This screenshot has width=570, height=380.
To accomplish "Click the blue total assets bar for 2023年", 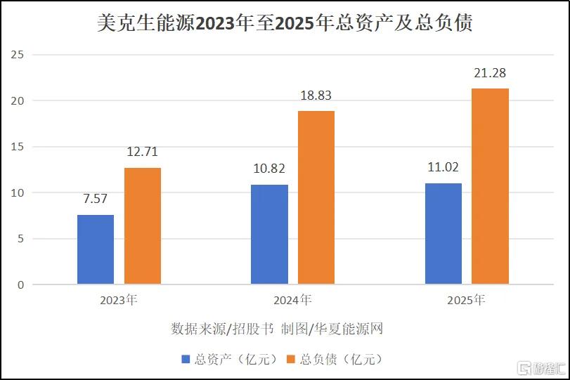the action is tap(96, 249).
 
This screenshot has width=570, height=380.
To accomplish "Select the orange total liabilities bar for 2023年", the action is tap(143, 226).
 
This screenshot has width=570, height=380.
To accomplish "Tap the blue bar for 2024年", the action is tap(269, 235).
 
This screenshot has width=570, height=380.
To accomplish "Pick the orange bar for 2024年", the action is tap(316, 197).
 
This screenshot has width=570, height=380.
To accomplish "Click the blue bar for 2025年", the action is tap(443, 234).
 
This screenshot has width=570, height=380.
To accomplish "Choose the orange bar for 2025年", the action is tap(491, 186).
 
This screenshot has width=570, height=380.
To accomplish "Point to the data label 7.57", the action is tap(96, 199).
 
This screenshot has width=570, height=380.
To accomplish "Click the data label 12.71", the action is tap(142, 152).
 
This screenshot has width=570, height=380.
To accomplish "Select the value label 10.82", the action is tap(269, 169).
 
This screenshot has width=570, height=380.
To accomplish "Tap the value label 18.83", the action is tap(316, 96).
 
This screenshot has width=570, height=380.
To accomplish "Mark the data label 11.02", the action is tap(443, 167).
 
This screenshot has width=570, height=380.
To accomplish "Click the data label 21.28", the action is tap(490, 73).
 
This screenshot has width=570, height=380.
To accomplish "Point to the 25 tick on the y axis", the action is tap(17, 55).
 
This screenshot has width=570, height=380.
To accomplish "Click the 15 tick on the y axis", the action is tap(17, 147).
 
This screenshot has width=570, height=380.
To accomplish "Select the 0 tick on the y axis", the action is tap(20, 284).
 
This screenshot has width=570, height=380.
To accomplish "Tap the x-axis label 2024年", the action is tap(292, 300).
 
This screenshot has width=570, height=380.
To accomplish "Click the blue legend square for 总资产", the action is tap(186, 360).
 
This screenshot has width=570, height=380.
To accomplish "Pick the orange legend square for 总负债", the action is tap(291, 360).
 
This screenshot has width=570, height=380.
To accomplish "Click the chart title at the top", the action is tap(285, 23).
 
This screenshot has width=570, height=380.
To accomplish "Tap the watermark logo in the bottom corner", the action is tap(541, 368).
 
